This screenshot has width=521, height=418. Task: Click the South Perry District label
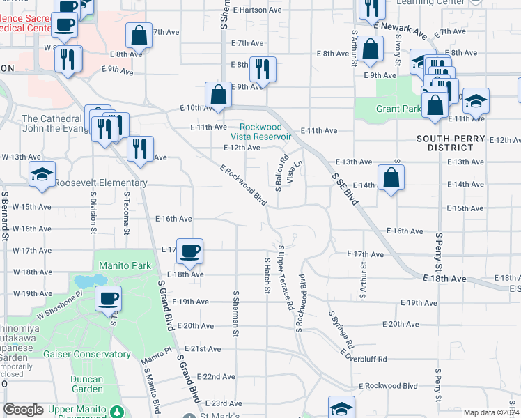pos(450,143)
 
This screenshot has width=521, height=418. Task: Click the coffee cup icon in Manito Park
pos(108,299)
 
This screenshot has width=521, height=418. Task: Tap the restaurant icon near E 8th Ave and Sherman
pos(263,69)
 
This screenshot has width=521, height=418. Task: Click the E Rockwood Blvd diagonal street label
pos(243,185)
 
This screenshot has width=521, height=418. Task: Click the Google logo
pos(24,410)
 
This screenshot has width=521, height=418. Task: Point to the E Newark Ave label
pos(400,29)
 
